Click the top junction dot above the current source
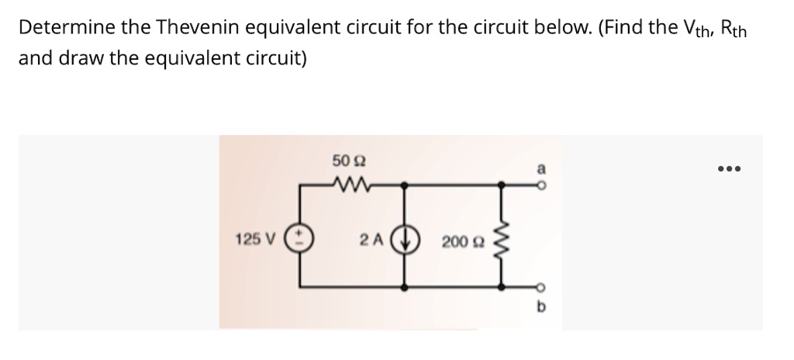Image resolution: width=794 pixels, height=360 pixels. (407, 185)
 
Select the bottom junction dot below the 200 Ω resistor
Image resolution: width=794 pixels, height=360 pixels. (506, 287)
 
